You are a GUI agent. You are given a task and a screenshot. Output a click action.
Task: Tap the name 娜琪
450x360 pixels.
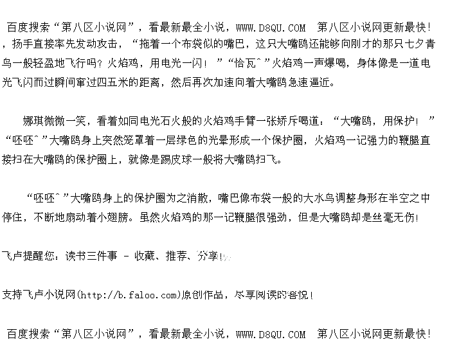(33, 120)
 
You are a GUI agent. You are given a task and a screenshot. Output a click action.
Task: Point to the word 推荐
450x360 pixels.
(176, 256)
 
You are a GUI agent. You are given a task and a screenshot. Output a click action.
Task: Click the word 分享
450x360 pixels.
(208, 256)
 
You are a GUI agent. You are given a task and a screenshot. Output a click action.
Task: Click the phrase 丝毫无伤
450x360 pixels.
(393, 217)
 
